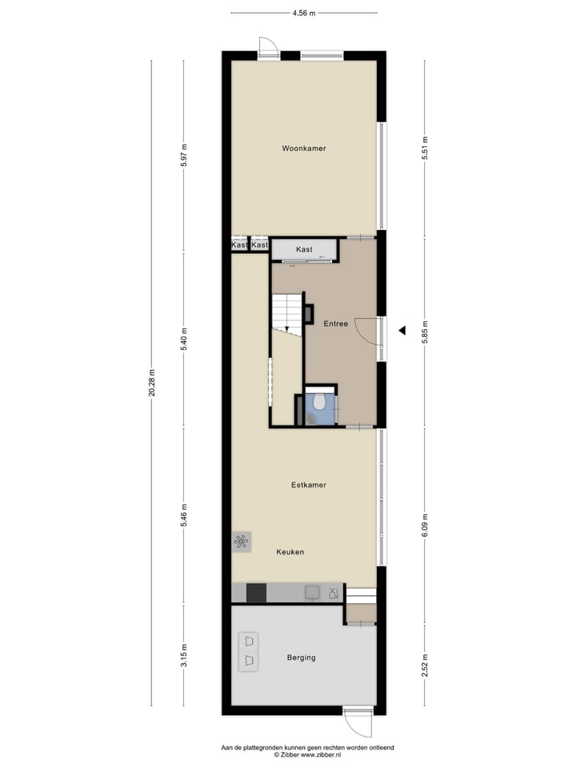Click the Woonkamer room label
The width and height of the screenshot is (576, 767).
click(x=303, y=149)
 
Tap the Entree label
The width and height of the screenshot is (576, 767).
click(x=335, y=324)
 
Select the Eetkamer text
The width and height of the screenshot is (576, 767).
click(x=308, y=485)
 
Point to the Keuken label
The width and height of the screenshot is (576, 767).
click(x=290, y=552)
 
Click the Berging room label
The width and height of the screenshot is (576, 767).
click(x=301, y=658)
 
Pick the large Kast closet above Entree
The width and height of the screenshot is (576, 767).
click(x=304, y=250)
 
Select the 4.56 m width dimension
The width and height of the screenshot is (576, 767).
click(x=303, y=13)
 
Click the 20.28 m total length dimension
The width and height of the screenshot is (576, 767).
click(x=151, y=387)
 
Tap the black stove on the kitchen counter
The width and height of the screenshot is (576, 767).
click(x=256, y=593)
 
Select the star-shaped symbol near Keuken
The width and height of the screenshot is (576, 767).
click(x=241, y=542)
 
